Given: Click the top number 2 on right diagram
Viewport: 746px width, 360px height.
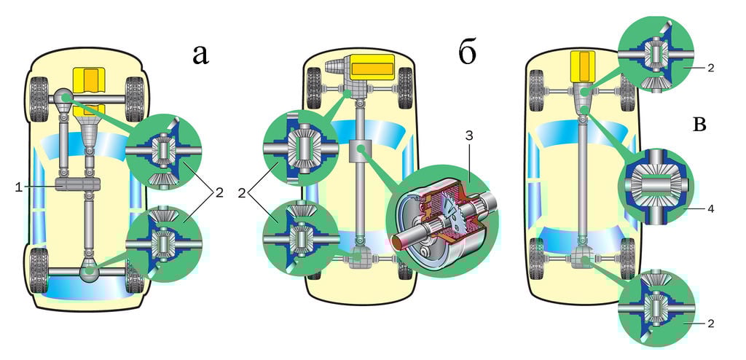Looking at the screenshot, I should pyautogui.click(x=710, y=67).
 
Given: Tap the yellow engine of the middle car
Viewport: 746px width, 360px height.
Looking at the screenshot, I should pyautogui.click(x=373, y=69).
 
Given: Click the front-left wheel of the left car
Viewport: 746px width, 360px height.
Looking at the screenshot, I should pyautogui.click(x=38, y=93).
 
